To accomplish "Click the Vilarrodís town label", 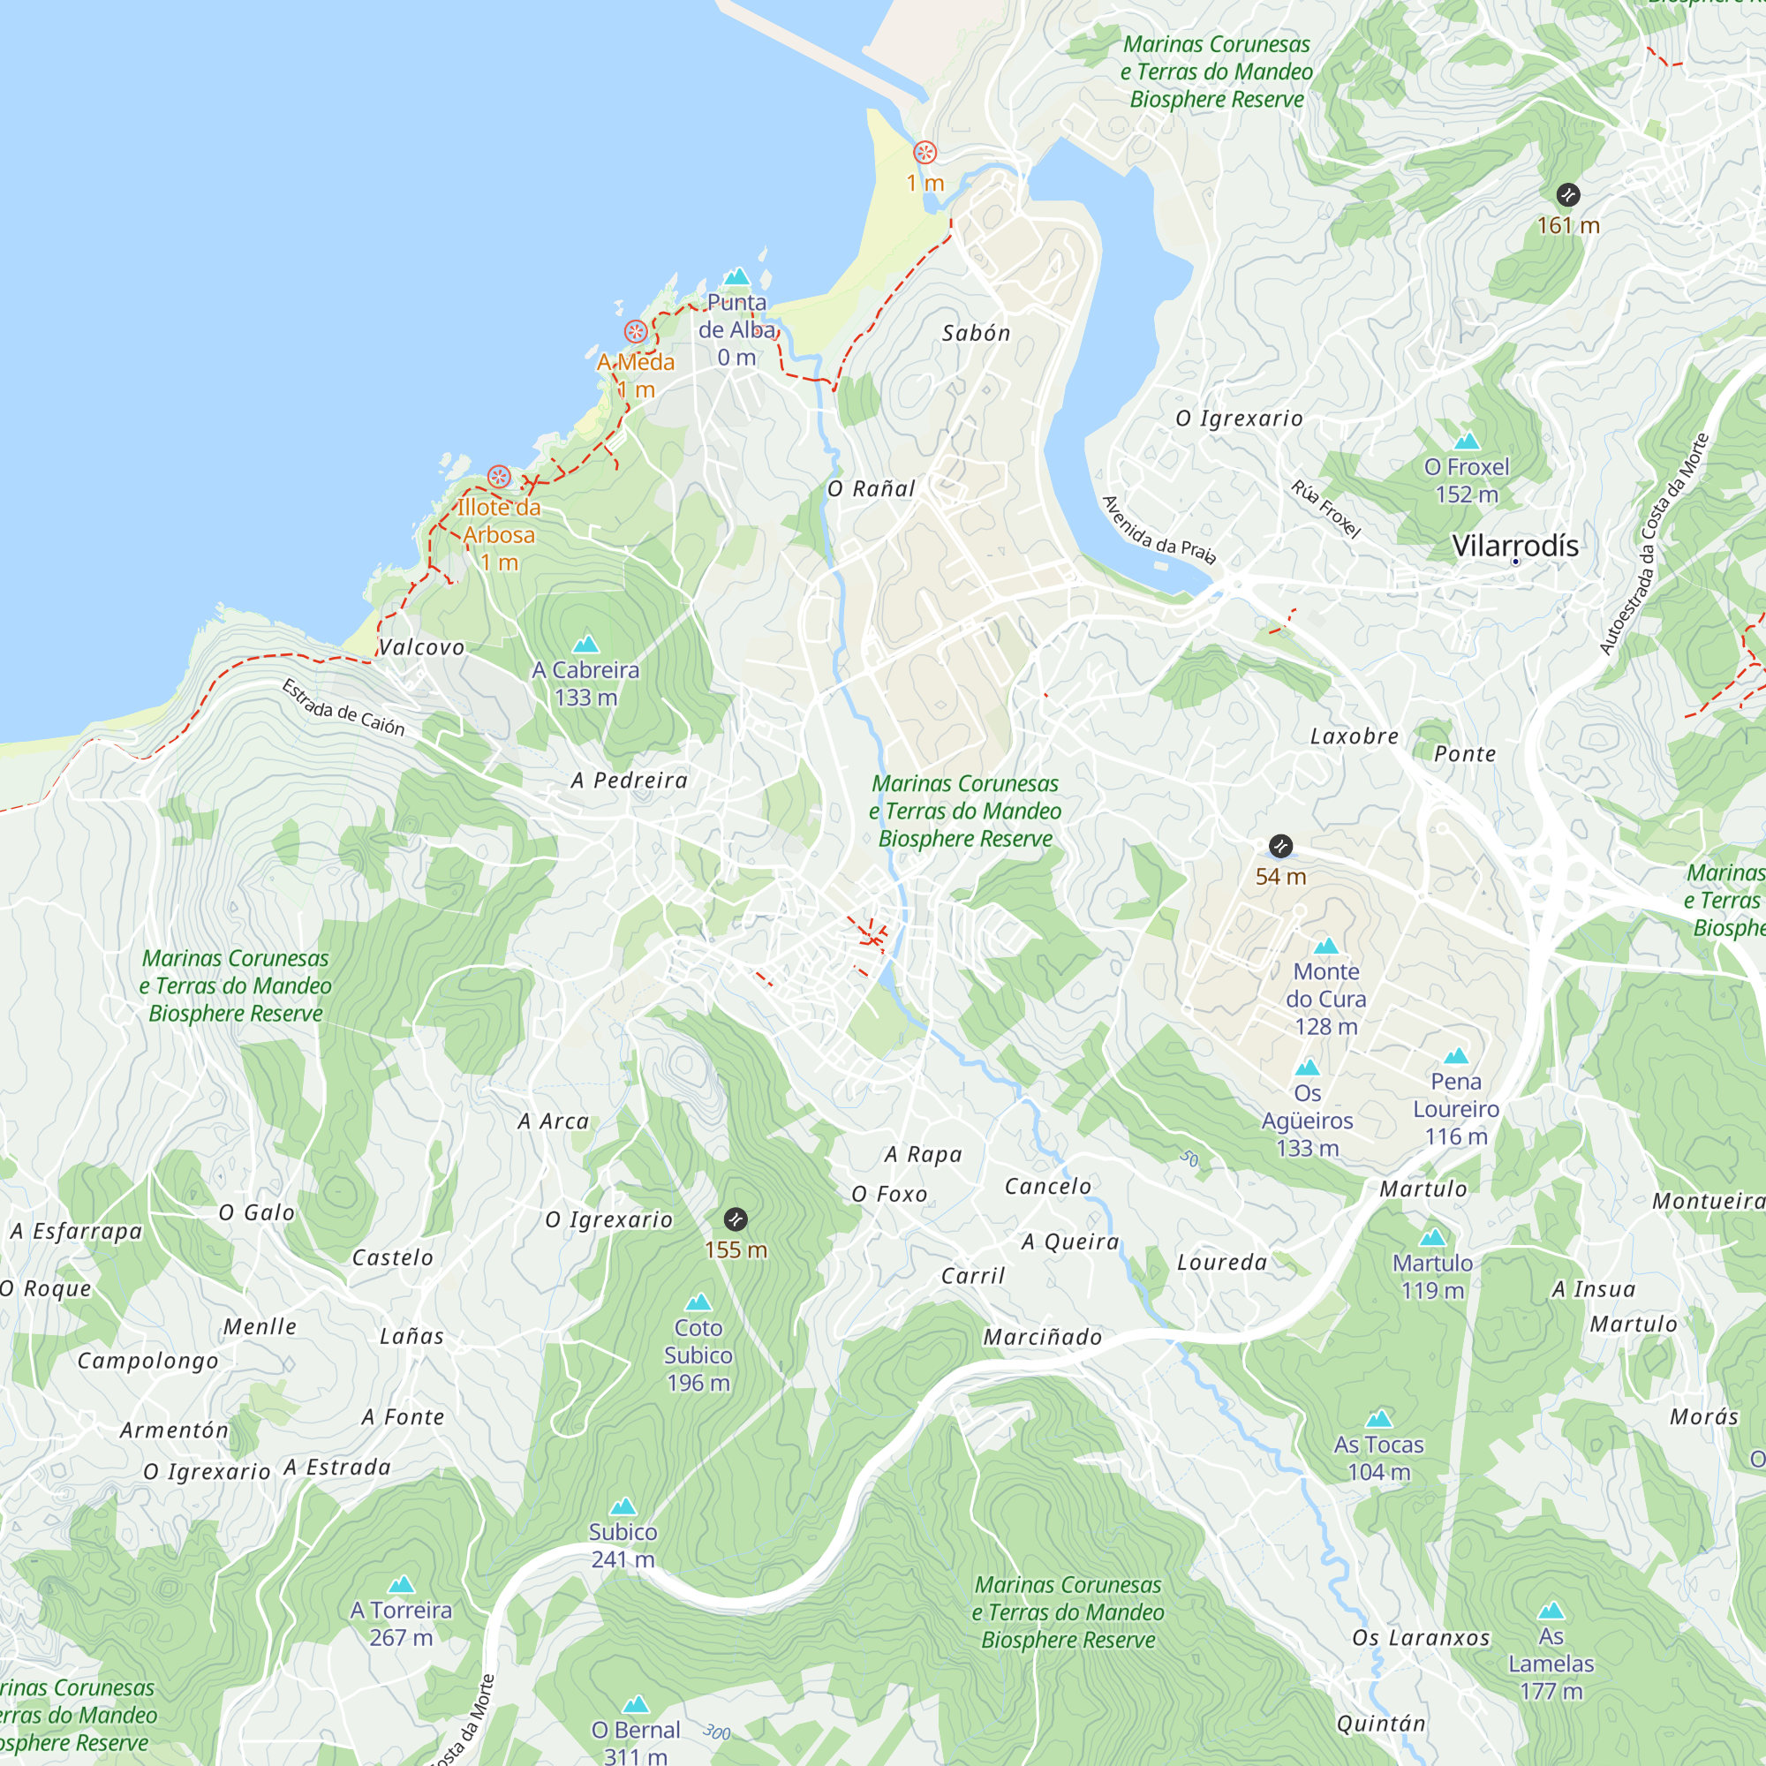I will pos(1514,546).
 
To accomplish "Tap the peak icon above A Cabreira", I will pos(585,645).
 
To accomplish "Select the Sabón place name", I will pos(977,334).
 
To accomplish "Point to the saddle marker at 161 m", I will pos(1567,194).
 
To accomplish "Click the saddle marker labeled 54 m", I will pos(1280,846).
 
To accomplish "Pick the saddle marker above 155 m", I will pos(735,1219).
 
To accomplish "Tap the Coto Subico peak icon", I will pos(698,1302).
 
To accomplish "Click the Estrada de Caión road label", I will pos(343,707).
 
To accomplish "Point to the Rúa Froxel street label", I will pos(1325,509).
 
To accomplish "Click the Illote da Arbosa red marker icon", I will pos(498,476).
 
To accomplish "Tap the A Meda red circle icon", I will pos(636,332).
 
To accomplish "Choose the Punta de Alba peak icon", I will pos(736,276).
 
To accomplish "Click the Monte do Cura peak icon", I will pos(1325,946).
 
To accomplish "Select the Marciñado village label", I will pos(1042,1337).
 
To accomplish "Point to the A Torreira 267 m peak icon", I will pos(401,1584).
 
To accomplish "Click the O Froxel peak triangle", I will pos(1466,441).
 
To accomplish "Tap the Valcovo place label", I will pos(421,647).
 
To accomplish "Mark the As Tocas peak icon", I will pos(1378,1419).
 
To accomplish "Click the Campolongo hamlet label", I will pos(148,1361).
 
